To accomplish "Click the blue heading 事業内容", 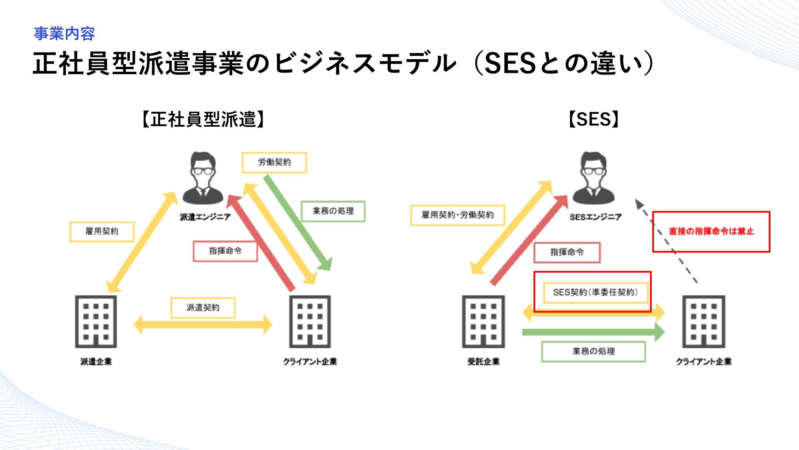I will [64, 34].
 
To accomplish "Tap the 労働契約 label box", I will [274, 162].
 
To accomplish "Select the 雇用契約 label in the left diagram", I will [102, 232].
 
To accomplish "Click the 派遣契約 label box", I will [203, 308].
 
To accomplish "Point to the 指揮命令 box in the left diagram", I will [225, 251].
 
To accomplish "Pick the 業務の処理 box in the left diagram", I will [333, 211].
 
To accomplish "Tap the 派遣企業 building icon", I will [96, 321].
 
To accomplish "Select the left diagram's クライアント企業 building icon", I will [310, 321].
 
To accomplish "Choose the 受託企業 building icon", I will [483, 321].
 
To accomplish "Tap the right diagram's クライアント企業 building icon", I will [704, 321].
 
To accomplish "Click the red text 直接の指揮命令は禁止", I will [711, 232].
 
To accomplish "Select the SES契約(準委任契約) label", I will [595, 292].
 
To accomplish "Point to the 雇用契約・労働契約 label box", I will [458, 215].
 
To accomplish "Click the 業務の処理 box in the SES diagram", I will [593, 352].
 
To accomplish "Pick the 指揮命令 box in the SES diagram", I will [567, 252].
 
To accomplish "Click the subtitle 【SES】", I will [594, 120].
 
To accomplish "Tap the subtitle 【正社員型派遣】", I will [203, 120].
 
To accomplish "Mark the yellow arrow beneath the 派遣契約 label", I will [203, 325].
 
